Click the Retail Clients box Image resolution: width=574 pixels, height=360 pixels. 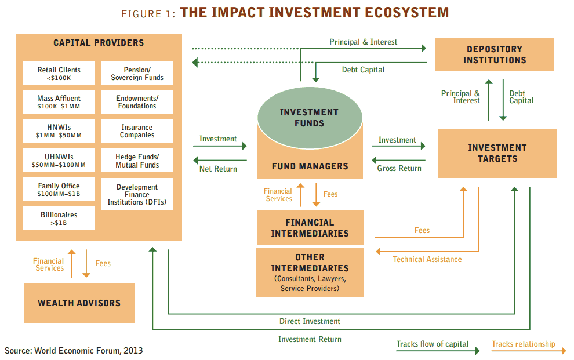click(59, 74)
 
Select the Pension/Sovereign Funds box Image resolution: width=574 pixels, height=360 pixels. click(137, 74)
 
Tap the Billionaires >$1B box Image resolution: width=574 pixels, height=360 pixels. click(59, 219)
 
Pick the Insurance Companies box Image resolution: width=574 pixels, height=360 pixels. click(137, 131)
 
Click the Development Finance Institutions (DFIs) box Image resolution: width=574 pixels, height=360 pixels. click(137, 194)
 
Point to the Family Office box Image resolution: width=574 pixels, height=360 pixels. click(59, 190)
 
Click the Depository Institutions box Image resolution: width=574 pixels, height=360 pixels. click(494, 54)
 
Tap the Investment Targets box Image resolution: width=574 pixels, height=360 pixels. click(497, 153)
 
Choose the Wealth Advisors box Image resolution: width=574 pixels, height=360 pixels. click(79, 303)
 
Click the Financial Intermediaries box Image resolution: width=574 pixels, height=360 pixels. click(310, 228)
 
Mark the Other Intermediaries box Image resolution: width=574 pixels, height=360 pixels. click(310, 272)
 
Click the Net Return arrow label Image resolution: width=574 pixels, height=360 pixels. click(218, 169)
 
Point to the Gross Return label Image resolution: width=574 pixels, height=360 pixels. click(399, 169)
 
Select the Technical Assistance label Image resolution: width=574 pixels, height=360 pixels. click(427, 259)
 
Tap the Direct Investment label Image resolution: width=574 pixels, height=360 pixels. click(310, 321)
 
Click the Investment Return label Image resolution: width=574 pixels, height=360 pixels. click(310, 339)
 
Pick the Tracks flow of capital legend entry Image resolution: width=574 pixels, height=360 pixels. click(433, 344)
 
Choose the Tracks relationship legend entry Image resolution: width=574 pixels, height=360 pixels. click(523, 344)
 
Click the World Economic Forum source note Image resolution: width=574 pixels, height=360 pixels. click(74, 350)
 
